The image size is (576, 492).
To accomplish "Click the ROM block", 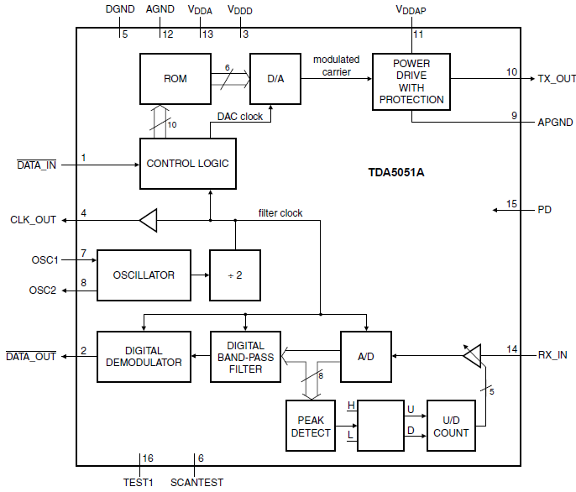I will [175, 79].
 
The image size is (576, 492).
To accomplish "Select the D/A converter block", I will [275, 79].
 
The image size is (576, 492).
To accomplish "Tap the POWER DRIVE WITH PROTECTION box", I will [411, 82].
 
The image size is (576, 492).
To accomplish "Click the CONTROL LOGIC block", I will [187, 164].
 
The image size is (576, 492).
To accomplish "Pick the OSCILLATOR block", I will [144, 275].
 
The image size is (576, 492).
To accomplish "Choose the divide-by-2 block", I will [235, 275].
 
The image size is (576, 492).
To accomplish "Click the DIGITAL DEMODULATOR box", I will [144, 356].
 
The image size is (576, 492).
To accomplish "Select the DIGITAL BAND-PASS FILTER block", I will [245, 356].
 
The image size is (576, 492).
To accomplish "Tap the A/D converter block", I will [366, 356].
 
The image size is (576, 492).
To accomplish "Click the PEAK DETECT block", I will [311, 426].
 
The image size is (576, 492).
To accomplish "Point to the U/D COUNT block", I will [451, 426].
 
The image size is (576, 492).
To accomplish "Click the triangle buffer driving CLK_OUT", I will [148, 221].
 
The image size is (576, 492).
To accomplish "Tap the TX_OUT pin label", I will [556, 79].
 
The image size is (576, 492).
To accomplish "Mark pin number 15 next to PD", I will [511, 203].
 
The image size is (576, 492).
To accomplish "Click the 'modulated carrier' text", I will [336, 65].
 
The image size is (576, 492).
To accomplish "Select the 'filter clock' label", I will [280, 213].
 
